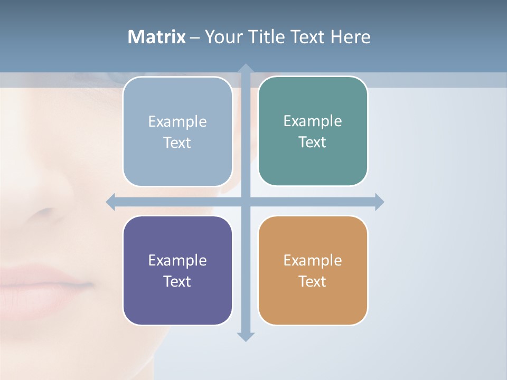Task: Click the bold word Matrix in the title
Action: pyautogui.click(x=157, y=37)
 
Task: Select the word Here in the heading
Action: pyautogui.click(x=350, y=37)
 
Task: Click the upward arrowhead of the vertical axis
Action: pyautogui.click(x=245, y=69)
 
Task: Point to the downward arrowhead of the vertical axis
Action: pyautogui.click(x=245, y=336)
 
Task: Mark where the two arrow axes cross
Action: pyautogui.click(x=245, y=202)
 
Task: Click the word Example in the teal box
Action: pyautogui.click(x=313, y=121)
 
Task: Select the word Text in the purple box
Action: pyautogui.click(x=177, y=281)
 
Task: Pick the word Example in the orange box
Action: pyautogui.click(x=313, y=260)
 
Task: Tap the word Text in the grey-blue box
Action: pyautogui.click(x=177, y=142)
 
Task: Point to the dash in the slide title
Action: pyautogui.click(x=195, y=37)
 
